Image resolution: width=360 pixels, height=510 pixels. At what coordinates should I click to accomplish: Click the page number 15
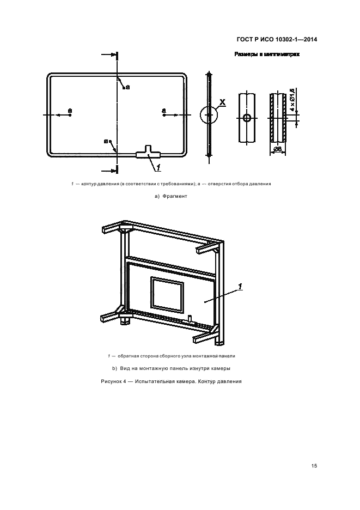314,465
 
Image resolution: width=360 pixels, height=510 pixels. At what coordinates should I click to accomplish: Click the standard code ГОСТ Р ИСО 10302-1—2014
278,39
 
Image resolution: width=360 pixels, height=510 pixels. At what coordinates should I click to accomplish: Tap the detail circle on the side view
209,116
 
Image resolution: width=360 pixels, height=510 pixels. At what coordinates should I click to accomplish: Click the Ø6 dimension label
277,149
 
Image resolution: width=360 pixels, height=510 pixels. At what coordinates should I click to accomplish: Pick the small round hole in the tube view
247,118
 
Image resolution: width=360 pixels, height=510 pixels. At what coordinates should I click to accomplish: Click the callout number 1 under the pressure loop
158,167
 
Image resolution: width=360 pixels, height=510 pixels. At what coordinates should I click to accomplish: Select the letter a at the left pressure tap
70,111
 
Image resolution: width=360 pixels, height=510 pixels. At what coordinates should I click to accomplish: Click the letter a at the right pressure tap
163,111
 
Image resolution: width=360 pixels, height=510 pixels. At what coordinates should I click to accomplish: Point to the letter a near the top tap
127,87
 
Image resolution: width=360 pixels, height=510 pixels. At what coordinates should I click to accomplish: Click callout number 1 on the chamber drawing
240,287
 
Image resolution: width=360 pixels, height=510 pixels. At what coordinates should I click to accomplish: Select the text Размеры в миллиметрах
267,54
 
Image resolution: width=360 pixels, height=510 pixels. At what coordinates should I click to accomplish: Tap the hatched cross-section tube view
278,118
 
